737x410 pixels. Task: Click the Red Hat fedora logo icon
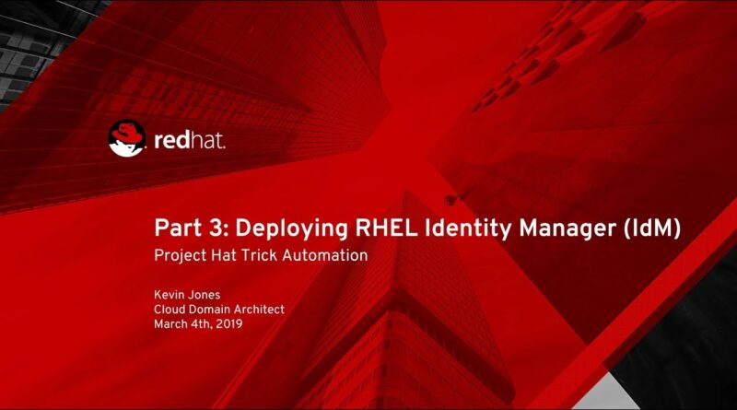[x=127, y=138]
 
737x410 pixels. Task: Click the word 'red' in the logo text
[x=171, y=141]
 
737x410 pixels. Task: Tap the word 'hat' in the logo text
[x=207, y=141]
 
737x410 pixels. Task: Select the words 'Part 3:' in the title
[x=192, y=228]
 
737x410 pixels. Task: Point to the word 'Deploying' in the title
[x=291, y=230]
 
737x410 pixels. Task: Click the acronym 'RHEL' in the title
[x=386, y=228]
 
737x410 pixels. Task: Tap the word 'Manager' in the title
[x=567, y=230]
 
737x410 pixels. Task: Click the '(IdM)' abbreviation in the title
[x=652, y=230]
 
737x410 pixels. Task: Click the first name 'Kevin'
[x=168, y=295]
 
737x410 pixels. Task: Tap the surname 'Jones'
[x=203, y=295]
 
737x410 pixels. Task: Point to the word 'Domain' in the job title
[x=209, y=310]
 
